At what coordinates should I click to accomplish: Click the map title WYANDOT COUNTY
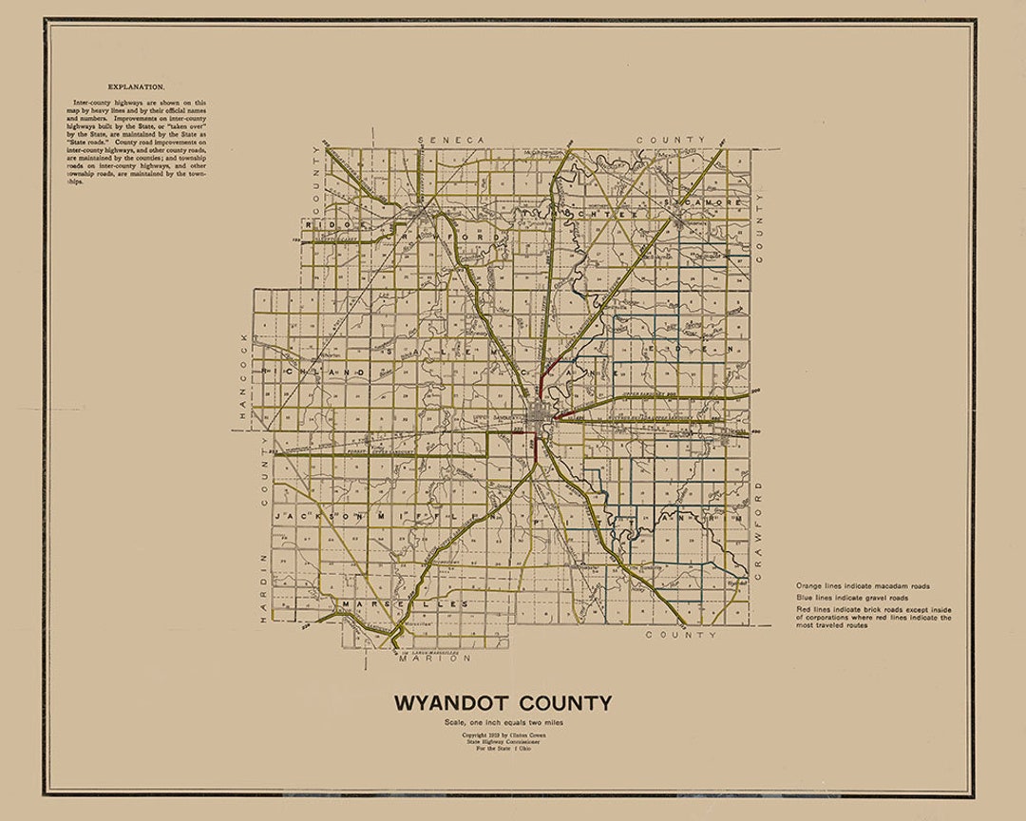(503, 704)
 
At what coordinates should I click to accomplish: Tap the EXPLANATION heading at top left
(135, 85)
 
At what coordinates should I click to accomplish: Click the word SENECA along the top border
(451, 140)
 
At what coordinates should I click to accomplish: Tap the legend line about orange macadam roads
(863, 586)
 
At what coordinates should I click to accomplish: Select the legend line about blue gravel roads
(852, 598)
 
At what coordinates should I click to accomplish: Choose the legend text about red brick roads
(873, 617)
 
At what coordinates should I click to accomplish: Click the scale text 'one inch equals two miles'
(503, 724)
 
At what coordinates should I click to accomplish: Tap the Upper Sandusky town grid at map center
(539, 419)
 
